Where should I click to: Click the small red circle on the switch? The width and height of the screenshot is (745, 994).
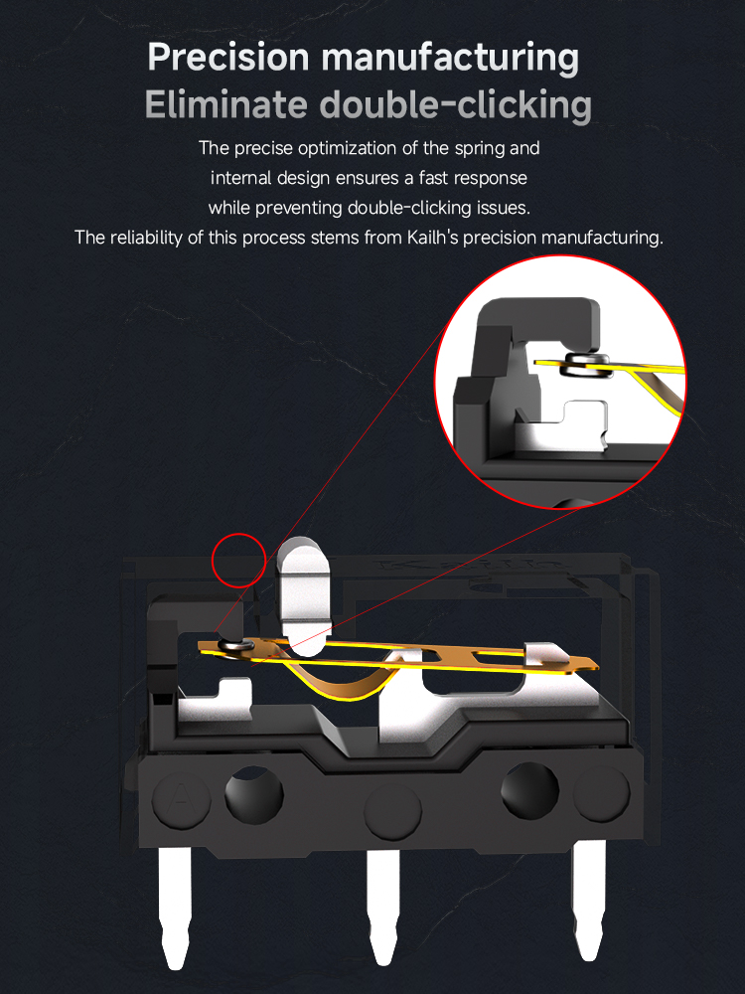click(238, 560)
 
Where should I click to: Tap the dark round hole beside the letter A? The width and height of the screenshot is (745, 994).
click(253, 796)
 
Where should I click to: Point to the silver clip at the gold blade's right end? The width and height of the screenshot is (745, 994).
click(542, 656)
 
